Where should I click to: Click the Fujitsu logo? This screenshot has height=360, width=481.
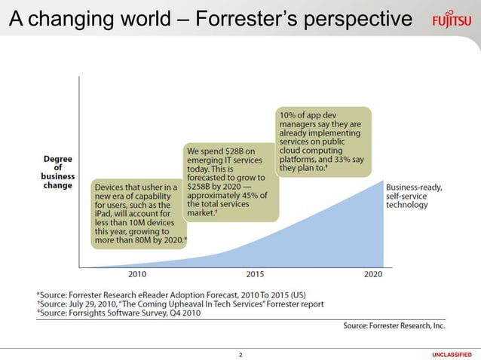coord(452,19)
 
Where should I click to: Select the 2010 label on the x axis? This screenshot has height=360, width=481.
coord(137,274)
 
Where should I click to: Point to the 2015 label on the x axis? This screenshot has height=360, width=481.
coord(255,274)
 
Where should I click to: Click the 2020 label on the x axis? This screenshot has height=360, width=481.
coord(372,274)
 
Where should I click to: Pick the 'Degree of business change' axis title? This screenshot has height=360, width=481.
coord(57,172)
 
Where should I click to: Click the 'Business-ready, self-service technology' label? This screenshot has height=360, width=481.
coord(414,196)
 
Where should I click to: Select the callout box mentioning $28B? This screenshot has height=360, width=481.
coord(227,182)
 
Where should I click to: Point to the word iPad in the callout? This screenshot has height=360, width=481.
coord(103,214)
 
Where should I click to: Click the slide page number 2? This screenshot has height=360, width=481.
coord(240,353)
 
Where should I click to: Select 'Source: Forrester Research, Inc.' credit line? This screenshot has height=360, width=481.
coord(394,325)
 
